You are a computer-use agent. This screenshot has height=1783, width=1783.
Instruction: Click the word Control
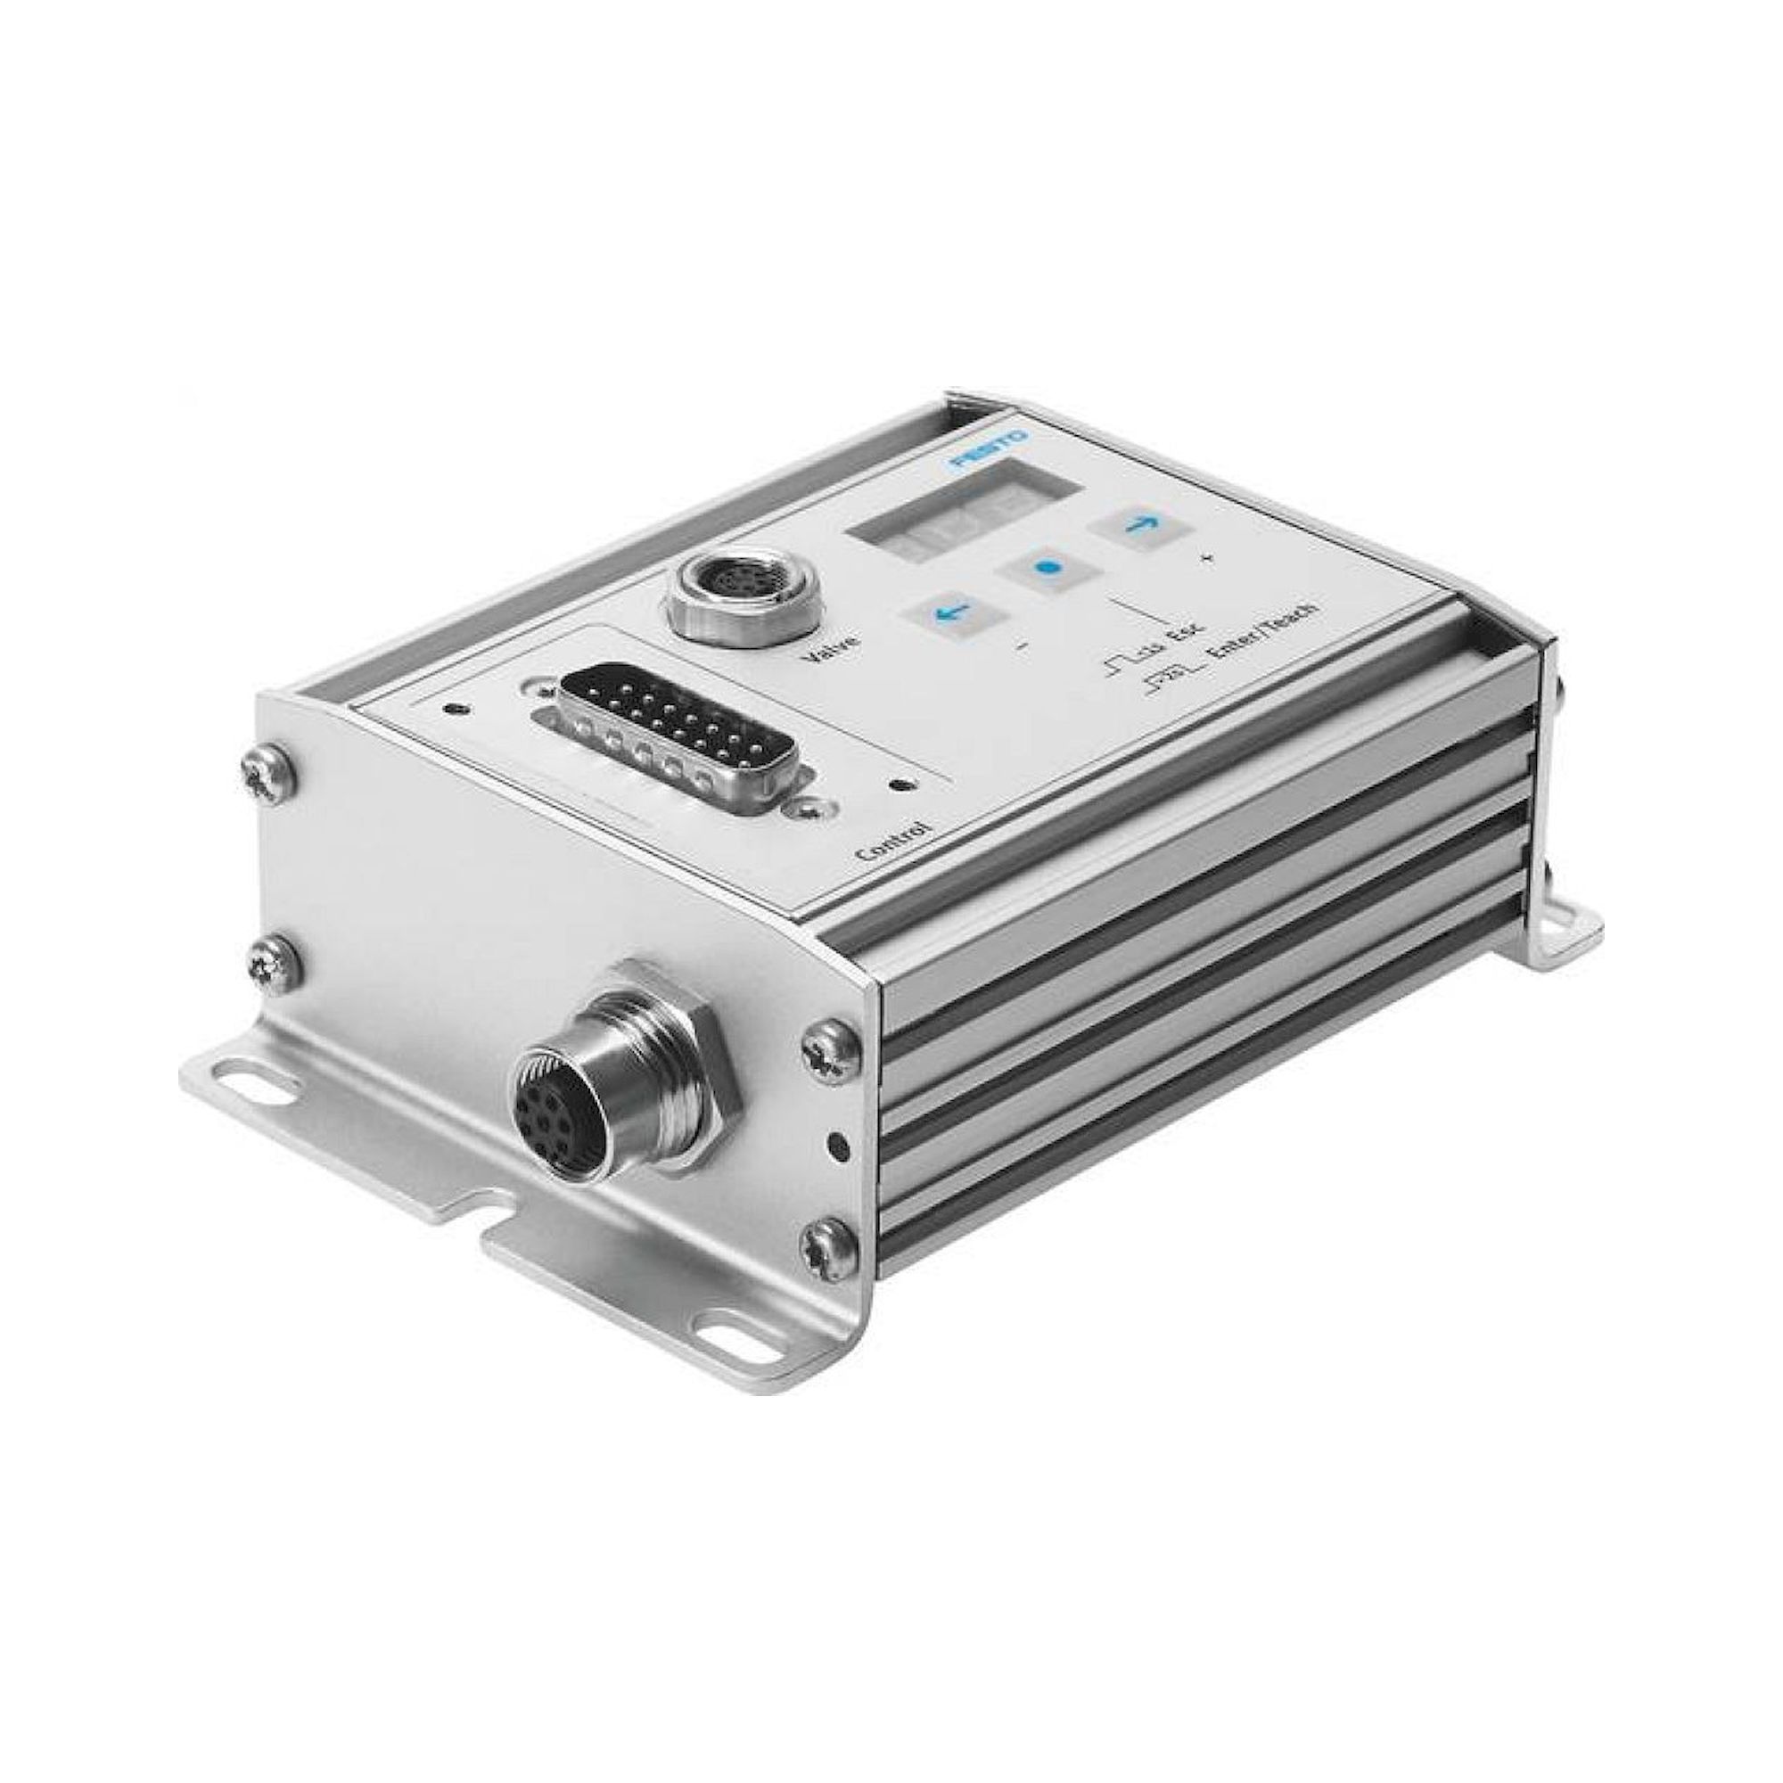click(x=892, y=838)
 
